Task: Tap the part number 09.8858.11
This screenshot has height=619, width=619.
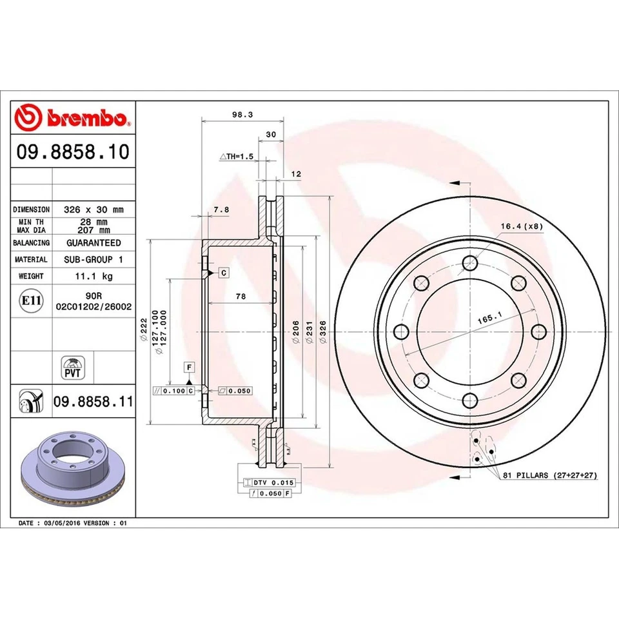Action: tap(93, 402)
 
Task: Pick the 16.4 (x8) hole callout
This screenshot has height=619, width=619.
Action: tap(522, 226)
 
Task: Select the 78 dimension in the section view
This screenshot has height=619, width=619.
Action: tap(241, 297)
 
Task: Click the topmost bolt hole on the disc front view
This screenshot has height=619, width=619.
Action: tap(469, 263)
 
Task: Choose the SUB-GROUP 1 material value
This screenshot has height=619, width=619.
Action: tap(93, 259)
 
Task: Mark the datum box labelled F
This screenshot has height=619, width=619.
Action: tap(190, 367)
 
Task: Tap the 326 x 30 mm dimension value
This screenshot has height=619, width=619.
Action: tap(93, 210)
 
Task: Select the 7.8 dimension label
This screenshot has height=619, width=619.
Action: tap(221, 209)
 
